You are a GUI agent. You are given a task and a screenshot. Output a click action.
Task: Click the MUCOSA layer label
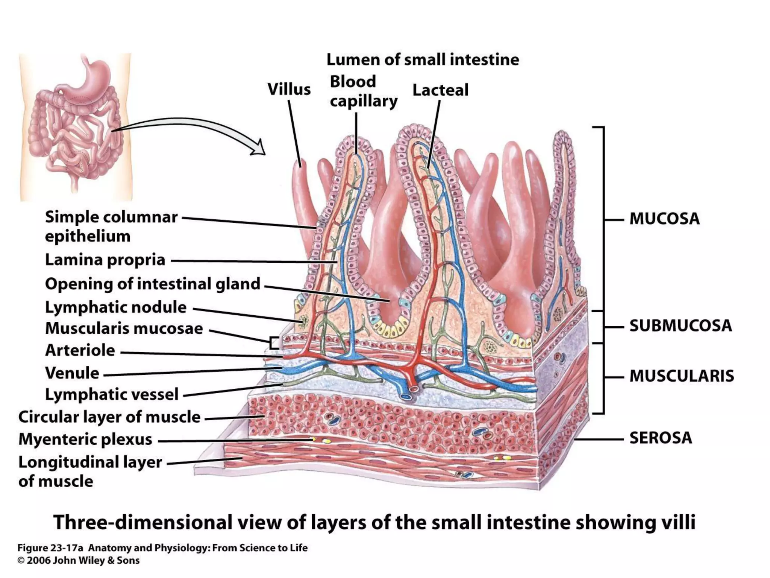click(x=664, y=219)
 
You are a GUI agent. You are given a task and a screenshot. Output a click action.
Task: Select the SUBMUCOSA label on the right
click(x=681, y=326)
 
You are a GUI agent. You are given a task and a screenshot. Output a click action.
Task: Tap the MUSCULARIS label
click(x=682, y=376)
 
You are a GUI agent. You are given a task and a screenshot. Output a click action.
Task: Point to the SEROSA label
click(x=661, y=438)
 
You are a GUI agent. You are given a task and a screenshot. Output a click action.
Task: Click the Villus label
click(x=289, y=90)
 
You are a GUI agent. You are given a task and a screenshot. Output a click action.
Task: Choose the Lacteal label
click(x=440, y=90)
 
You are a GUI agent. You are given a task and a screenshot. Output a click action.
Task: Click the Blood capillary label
click(x=363, y=91)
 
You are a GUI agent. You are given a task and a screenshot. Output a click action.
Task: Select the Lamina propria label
click(x=105, y=260)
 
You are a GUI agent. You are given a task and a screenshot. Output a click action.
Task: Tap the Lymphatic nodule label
click(x=116, y=307)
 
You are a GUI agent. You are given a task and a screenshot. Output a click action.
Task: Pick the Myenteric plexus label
click(x=85, y=439)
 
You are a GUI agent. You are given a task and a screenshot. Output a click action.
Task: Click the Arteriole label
click(x=80, y=350)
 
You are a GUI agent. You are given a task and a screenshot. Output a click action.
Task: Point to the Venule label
click(x=72, y=373)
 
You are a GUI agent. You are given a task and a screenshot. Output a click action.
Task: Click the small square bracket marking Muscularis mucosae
click(x=274, y=343)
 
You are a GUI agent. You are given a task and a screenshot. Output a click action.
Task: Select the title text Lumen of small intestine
click(x=423, y=60)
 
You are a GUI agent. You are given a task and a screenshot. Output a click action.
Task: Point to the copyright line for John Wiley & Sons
click(x=79, y=561)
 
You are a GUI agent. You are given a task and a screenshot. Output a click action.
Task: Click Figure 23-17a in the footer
click(x=50, y=548)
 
